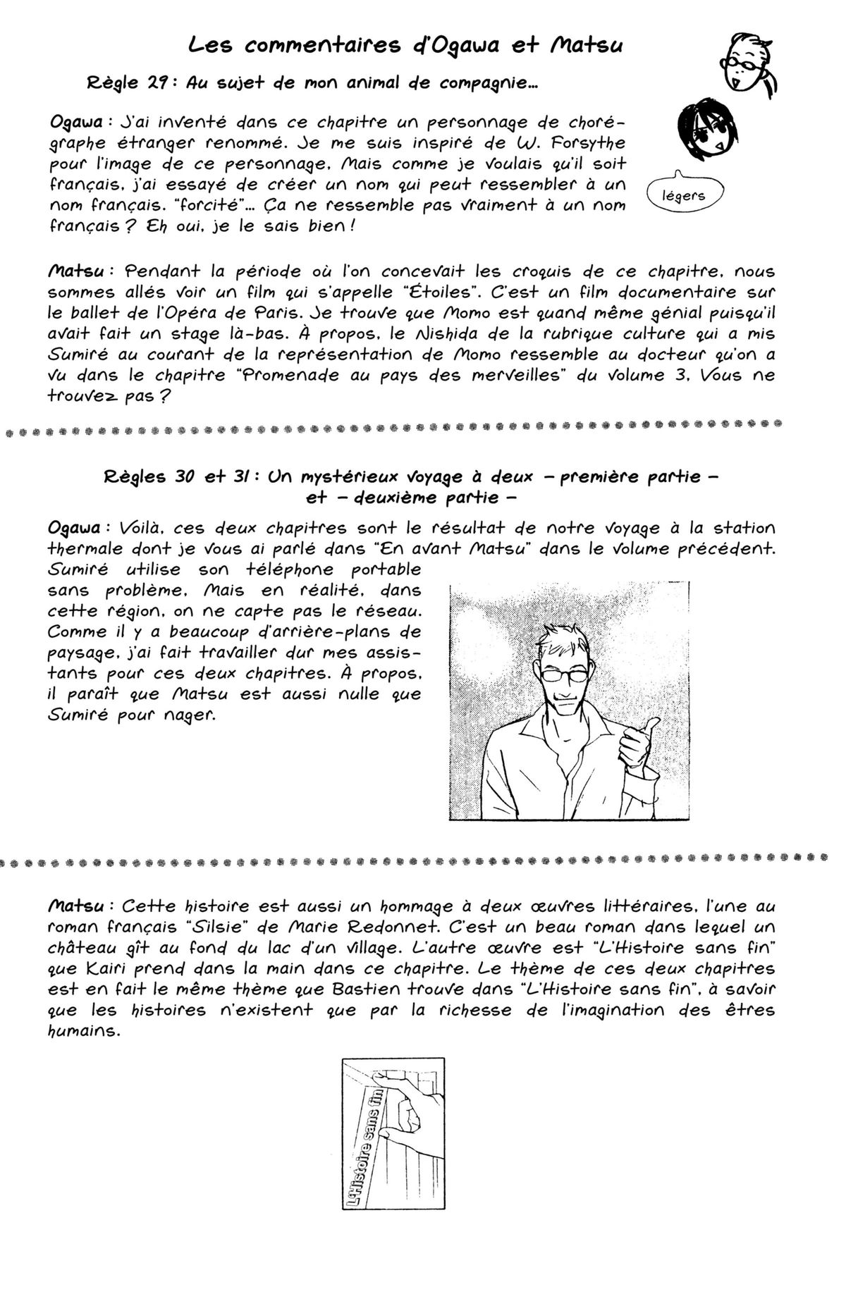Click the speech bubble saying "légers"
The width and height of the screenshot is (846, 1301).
click(x=684, y=195)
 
